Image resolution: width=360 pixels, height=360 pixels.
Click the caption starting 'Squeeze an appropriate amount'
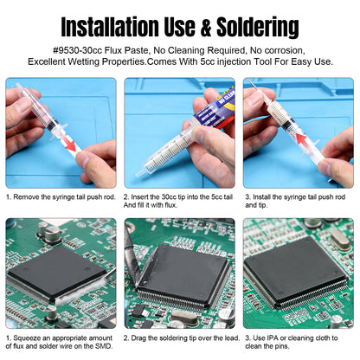click(x=60, y=343)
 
